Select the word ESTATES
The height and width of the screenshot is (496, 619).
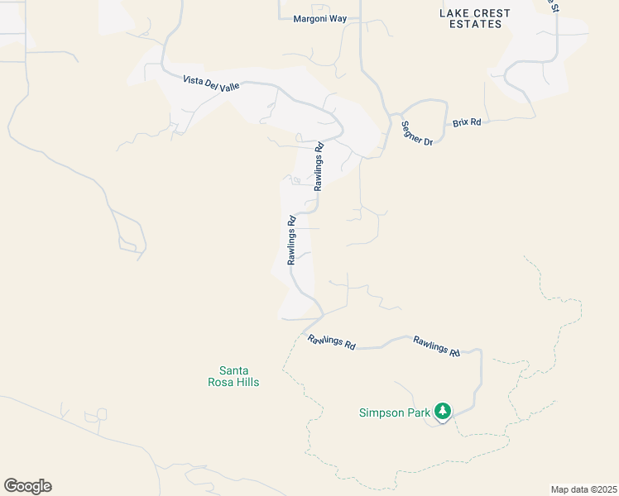coord(474,25)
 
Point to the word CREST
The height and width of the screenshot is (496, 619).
coord(492,13)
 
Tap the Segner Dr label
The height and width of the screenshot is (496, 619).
coord(416,133)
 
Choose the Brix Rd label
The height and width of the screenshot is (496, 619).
coord(467,122)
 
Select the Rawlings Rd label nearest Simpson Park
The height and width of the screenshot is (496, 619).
coord(436,346)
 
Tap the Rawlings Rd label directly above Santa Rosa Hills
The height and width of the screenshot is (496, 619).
coord(331,342)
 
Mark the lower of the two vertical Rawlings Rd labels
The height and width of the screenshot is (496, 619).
coord(292,241)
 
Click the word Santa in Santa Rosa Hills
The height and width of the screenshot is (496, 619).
coord(233,371)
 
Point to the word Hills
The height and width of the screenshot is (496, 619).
coord(247,382)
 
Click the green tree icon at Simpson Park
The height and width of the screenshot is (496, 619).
coord(443,411)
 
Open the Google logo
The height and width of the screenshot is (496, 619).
coord(27,486)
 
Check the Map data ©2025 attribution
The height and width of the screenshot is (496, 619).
coord(583,489)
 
